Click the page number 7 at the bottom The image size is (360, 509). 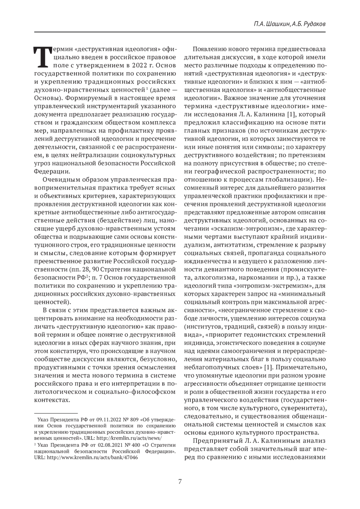[x=180, y=482]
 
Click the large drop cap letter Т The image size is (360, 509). [x=42, y=57]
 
